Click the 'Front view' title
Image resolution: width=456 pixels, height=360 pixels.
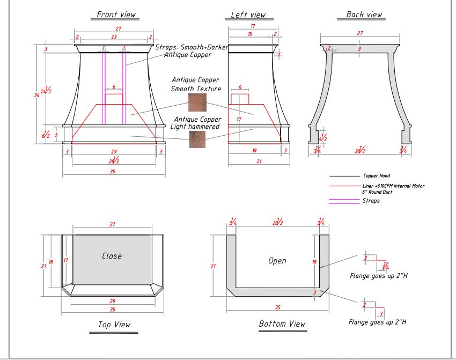(116, 14)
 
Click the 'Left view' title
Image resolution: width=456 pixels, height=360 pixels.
(247, 14)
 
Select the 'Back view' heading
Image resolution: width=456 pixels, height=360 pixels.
(364, 14)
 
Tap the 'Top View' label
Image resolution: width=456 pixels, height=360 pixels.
(114, 325)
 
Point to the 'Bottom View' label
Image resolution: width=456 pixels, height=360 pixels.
(282, 324)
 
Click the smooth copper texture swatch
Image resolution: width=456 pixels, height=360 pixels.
(196, 102)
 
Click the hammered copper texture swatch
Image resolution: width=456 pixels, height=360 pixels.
(196, 139)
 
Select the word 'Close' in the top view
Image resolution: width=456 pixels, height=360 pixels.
(112, 256)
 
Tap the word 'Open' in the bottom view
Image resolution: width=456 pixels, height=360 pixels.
(277, 261)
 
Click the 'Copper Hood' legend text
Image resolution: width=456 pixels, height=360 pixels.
(378, 176)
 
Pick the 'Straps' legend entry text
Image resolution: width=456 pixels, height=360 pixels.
(371, 201)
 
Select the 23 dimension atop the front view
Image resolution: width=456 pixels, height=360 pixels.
(114, 37)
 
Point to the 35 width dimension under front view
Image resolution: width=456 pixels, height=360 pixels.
(112, 172)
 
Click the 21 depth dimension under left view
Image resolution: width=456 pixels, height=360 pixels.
(258, 161)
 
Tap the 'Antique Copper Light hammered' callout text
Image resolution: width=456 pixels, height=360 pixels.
(195, 123)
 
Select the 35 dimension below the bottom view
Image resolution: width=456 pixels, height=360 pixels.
(277, 307)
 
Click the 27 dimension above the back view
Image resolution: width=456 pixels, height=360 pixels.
(359, 33)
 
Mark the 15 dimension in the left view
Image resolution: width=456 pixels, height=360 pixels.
(249, 34)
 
